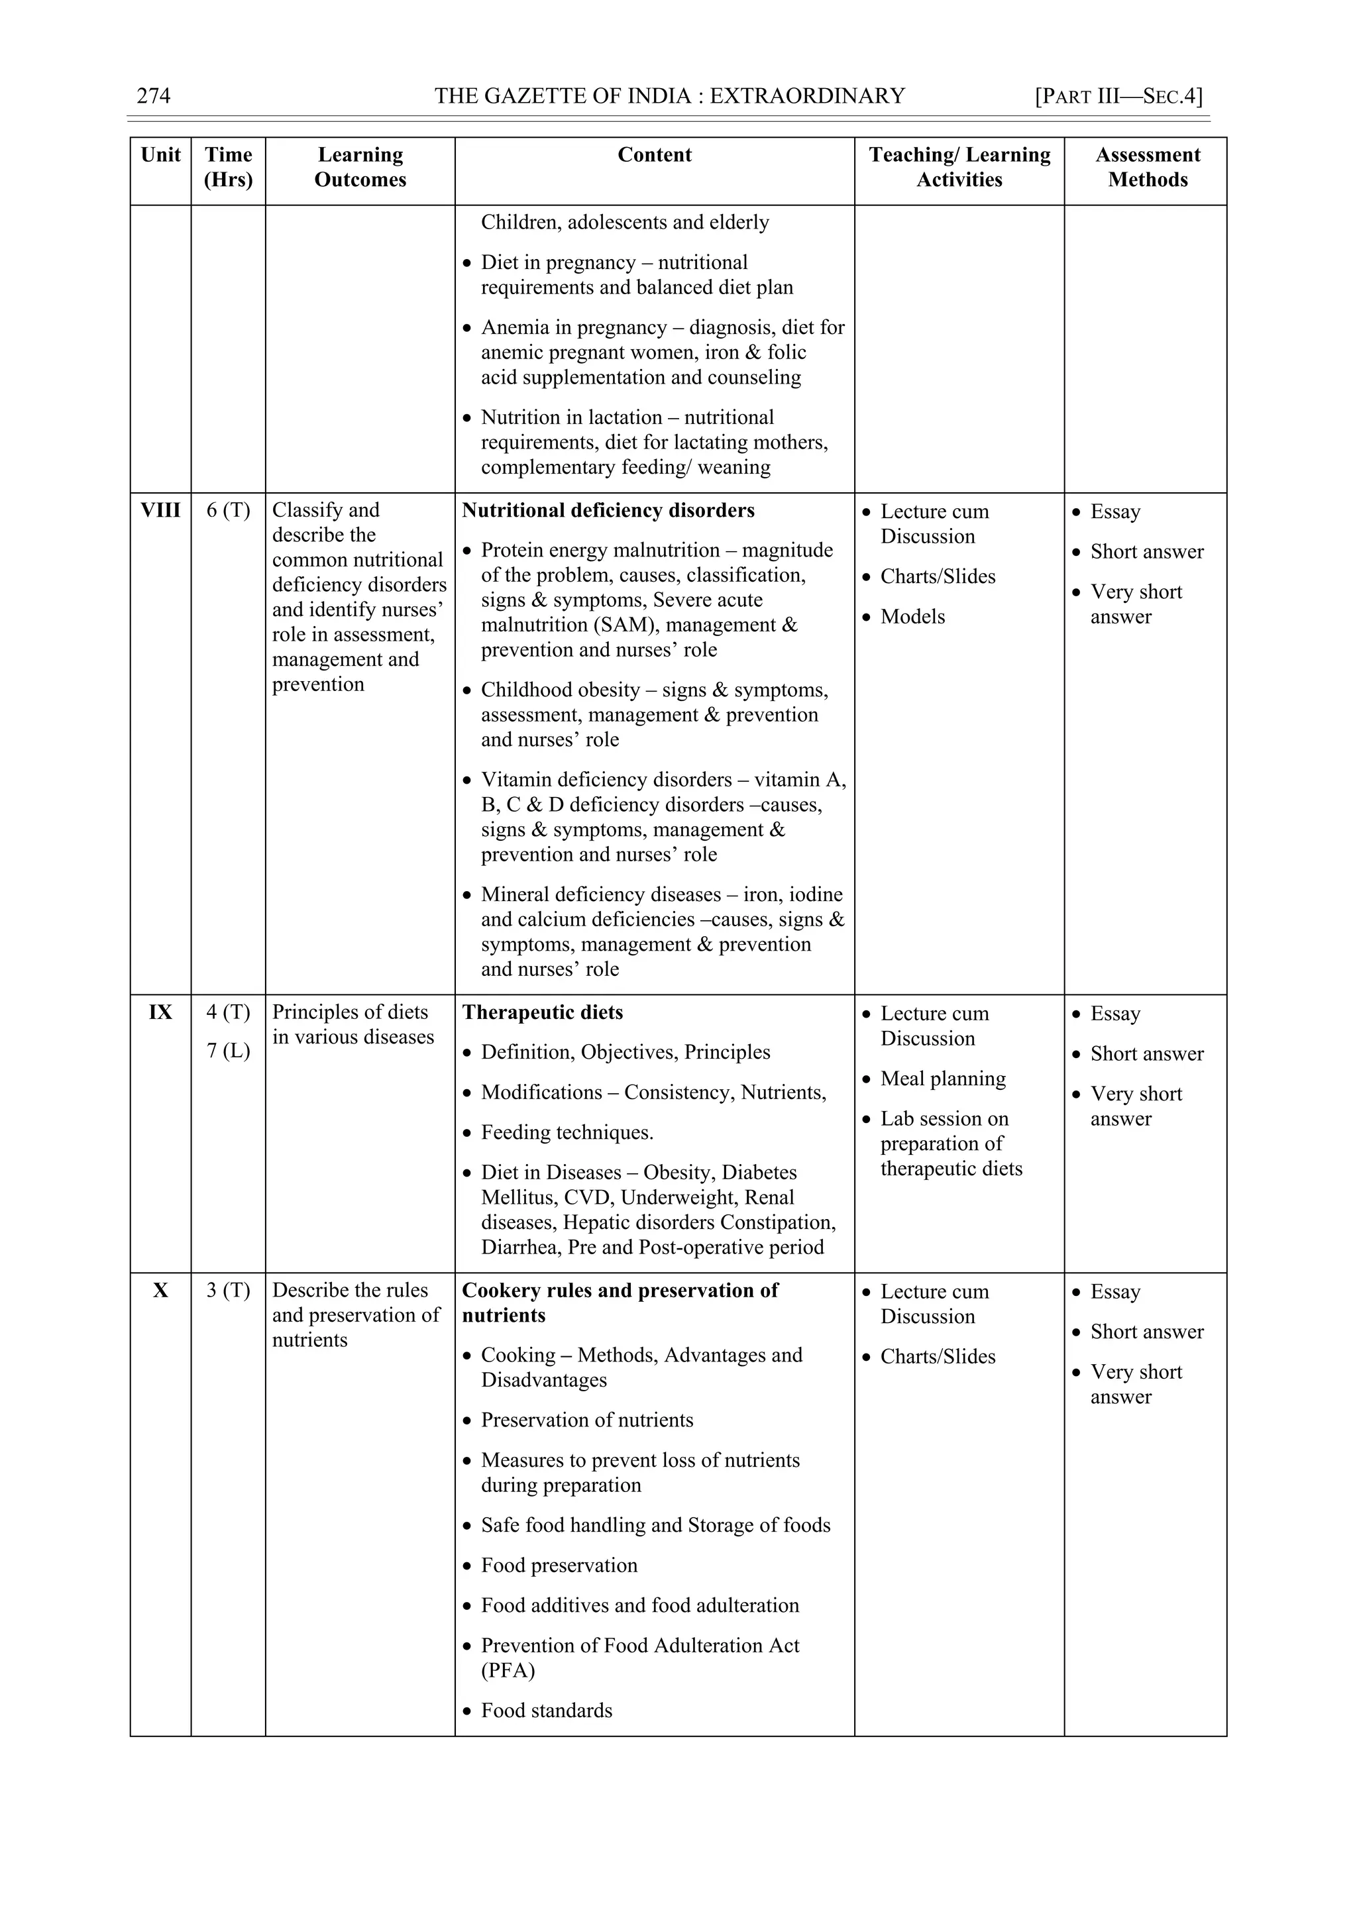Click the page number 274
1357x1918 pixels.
(x=154, y=96)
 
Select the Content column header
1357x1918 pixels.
(x=654, y=156)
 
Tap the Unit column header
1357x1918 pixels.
(x=160, y=156)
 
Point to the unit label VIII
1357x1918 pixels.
(x=160, y=510)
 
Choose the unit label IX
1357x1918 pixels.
(x=160, y=1012)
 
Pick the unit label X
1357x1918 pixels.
(x=160, y=1291)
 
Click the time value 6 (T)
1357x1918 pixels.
(x=228, y=510)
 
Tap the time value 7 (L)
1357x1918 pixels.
(x=228, y=1051)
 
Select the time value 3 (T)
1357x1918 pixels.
(x=228, y=1291)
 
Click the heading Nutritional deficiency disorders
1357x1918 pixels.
(x=608, y=510)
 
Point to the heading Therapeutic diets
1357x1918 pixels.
(x=543, y=1012)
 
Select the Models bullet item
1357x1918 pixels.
(x=912, y=617)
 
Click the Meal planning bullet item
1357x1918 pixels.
(x=943, y=1079)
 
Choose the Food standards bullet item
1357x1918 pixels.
(x=547, y=1710)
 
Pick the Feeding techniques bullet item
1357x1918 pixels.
(x=567, y=1133)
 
